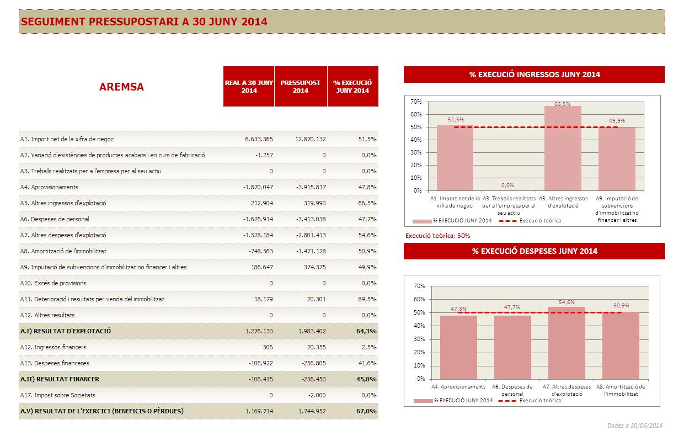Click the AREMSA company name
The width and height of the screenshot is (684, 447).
tap(121, 87)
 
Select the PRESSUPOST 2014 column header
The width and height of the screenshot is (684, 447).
tap(300, 87)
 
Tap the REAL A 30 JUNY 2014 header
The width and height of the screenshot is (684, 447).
tap(249, 87)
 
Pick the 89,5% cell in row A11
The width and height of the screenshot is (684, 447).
tap(367, 299)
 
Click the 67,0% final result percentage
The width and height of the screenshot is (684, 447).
tap(366, 411)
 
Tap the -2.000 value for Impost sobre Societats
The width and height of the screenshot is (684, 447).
tap(316, 395)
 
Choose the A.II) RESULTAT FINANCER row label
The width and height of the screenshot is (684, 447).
tap(60, 379)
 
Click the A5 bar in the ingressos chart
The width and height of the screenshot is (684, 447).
tap(563, 149)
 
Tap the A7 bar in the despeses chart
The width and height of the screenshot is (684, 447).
tap(567, 343)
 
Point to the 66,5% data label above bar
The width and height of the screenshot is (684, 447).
tap(563, 104)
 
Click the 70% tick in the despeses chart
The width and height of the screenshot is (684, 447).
tap(419, 286)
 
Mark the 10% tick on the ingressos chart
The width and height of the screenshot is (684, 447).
tap(416, 178)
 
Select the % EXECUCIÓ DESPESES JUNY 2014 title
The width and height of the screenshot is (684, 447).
tap(534, 251)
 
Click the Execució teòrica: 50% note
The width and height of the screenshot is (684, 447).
tap(437, 236)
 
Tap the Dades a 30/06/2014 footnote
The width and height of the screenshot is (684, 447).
tap(634, 425)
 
